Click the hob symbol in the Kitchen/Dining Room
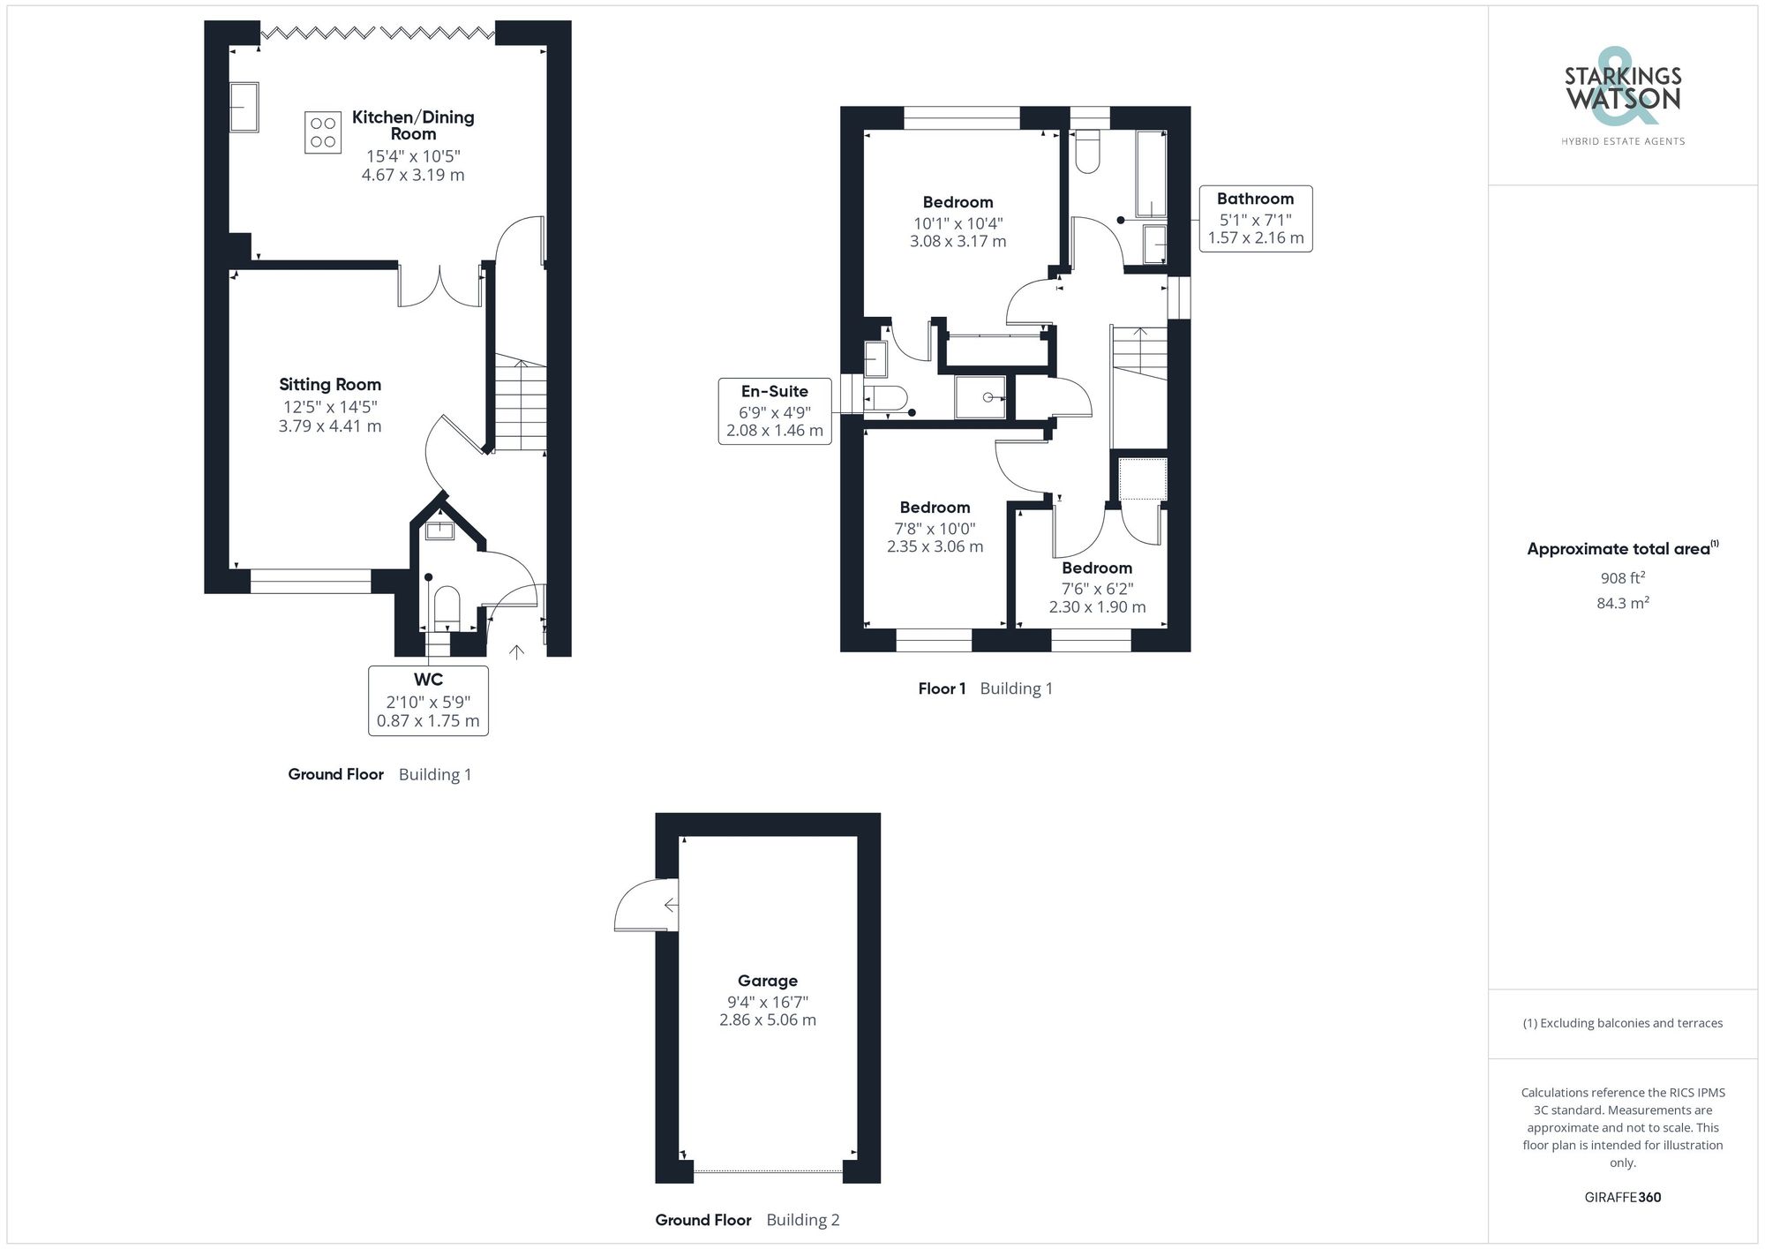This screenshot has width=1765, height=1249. [323, 132]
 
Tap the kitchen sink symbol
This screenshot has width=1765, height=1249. [244, 107]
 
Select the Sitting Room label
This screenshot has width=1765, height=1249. [330, 385]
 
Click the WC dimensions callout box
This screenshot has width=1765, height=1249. [428, 701]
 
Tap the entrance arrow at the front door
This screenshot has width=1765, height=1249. [517, 652]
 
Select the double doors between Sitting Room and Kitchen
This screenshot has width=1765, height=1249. [440, 284]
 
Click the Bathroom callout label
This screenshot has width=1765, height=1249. [1255, 199]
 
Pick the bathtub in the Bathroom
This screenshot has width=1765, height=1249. [1151, 174]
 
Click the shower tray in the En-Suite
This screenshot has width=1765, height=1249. [980, 396]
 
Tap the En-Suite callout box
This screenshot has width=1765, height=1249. [775, 411]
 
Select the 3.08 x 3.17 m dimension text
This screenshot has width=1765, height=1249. [958, 241]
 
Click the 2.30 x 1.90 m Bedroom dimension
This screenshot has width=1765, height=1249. [1097, 607]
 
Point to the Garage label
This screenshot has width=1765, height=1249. [768, 981]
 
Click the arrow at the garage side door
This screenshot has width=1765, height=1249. [671, 905]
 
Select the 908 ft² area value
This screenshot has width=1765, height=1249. [1622, 578]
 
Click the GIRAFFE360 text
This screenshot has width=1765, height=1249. [1622, 1198]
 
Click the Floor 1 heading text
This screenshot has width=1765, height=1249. [942, 688]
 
